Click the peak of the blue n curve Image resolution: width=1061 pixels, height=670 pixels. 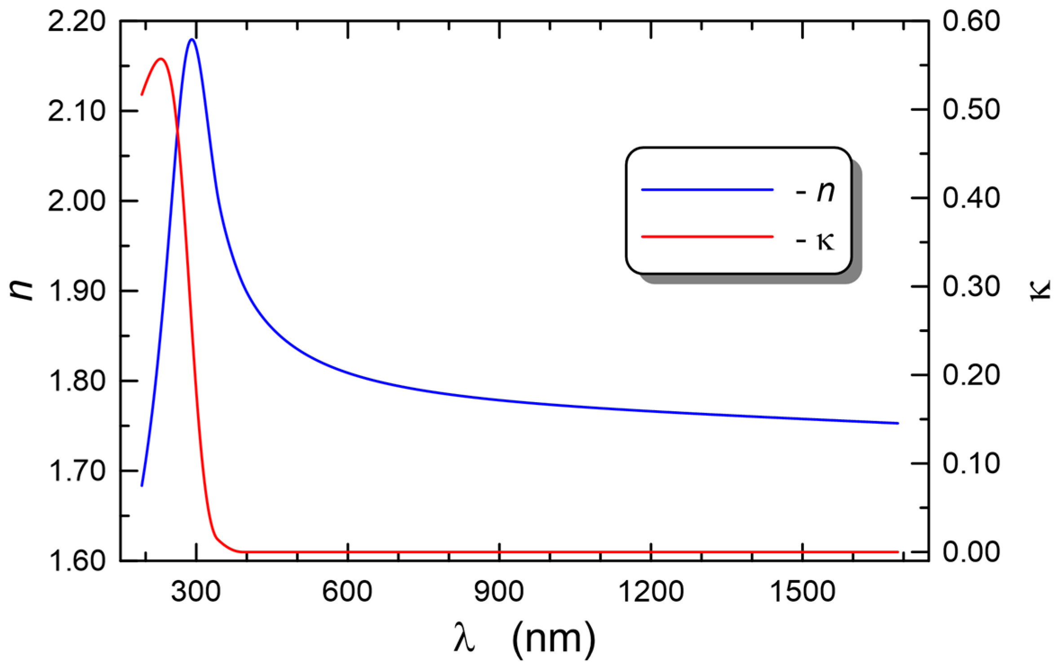[192, 40]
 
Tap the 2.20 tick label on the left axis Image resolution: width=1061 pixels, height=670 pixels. [76, 22]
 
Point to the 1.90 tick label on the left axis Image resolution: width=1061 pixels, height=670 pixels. [76, 291]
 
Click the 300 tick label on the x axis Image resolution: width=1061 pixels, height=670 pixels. [196, 591]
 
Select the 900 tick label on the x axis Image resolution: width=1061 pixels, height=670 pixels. [499, 591]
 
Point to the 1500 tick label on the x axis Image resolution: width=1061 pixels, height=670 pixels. [803, 591]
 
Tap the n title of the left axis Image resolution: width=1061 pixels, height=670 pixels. [21, 288]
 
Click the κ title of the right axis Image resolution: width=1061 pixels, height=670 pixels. [1041, 290]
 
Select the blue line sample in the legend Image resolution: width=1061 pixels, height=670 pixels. [707, 190]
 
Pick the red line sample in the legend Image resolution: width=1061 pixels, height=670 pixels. [707, 236]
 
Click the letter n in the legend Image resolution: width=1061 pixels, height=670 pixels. [826, 191]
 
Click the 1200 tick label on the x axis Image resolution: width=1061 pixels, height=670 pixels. [651, 591]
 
